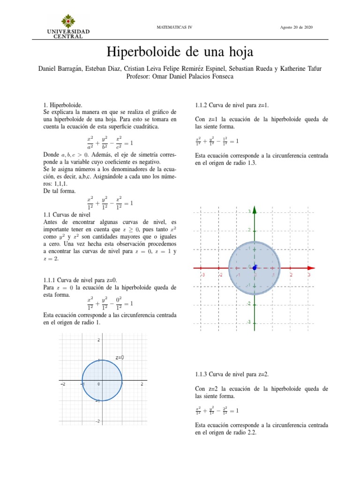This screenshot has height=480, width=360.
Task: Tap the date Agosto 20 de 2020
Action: pyautogui.click(x=296, y=27)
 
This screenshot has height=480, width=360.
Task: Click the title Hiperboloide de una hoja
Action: pyautogui.click(x=180, y=51)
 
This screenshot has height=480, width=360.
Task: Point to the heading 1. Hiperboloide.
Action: pyautogui.click(x=62, y=106)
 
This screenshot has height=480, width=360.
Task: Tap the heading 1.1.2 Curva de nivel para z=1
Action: pyautogui.click(x=232, y=105)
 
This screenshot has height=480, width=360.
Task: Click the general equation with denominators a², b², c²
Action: pyautogui.click(x=110, y=142)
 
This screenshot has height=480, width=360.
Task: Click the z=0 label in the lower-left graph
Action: pyautogui.click(x=120, y=357)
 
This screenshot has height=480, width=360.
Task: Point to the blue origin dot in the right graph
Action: pyautogui.click(x=255, y=268)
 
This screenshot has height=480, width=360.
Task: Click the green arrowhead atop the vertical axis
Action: pyautogui.click(x=255, y=209)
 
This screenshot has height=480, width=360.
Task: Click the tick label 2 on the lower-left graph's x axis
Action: pyautogui.click(x=142, y=384)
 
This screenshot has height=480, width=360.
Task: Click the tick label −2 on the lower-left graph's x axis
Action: pyautogui.click(x=62, y=384)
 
